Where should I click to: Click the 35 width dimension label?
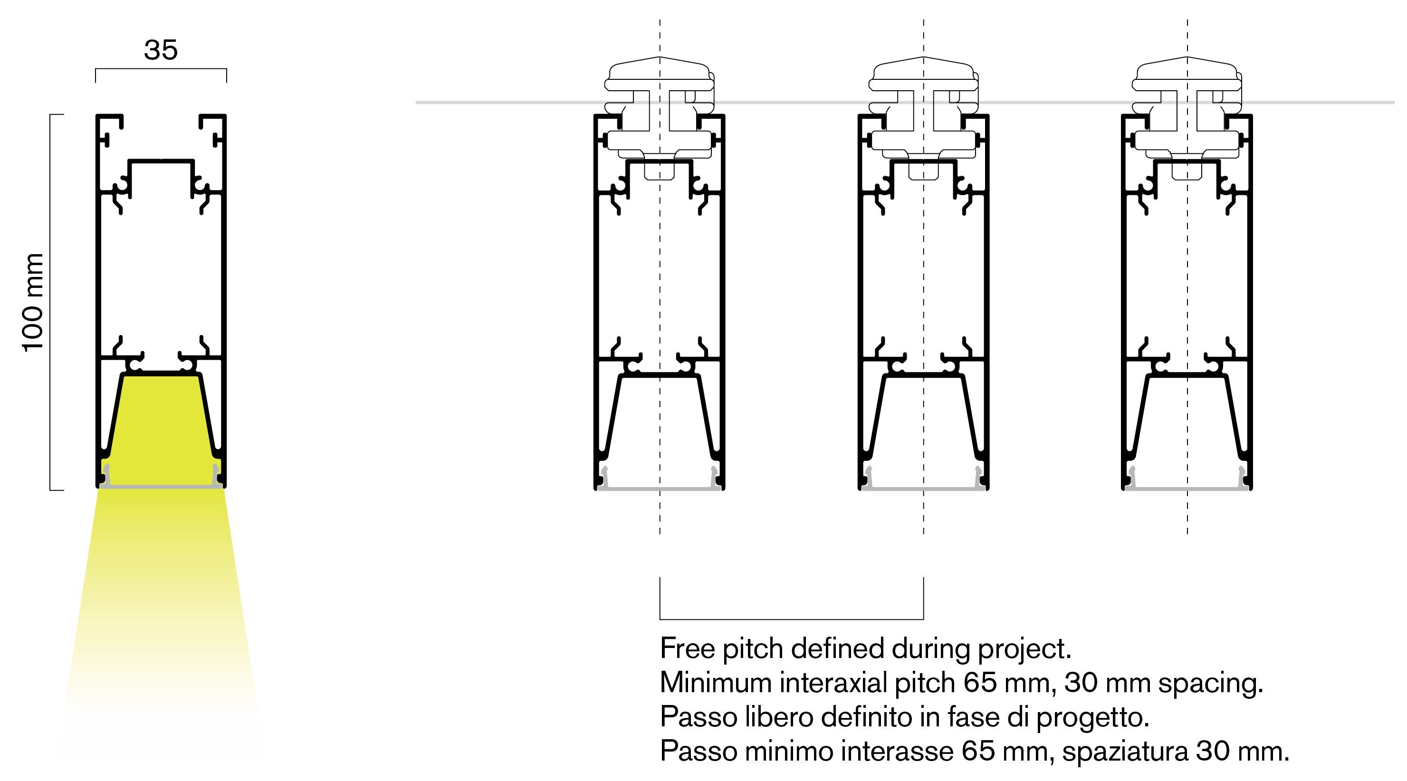click(x=161, y=50)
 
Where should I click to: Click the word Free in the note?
click(x=688, y=648)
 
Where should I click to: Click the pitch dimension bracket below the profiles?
click(x=792, y=619)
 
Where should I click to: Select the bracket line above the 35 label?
click(x=161, y=69)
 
